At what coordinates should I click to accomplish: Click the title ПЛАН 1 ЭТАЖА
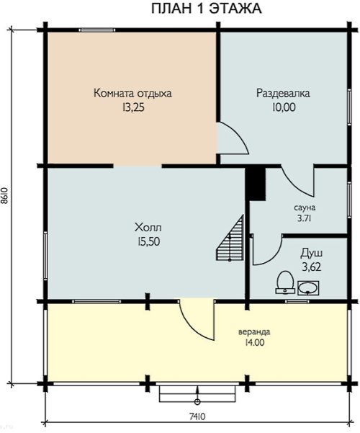206,9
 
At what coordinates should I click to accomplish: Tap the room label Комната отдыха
132,94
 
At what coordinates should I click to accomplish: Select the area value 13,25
133,107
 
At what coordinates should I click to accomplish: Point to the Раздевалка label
283,93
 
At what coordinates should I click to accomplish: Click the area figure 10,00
284,107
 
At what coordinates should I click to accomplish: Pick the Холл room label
148,228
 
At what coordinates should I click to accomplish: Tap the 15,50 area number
148,242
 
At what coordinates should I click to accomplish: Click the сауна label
305,207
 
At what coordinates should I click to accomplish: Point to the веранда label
254,331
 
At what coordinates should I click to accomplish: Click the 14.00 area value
254,343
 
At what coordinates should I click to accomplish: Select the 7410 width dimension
197,416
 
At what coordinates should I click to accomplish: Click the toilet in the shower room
285,282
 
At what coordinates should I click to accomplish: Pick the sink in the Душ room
308,288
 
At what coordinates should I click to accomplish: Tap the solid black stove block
256,183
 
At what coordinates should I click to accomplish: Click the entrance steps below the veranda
197,393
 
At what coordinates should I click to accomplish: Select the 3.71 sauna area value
305,218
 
